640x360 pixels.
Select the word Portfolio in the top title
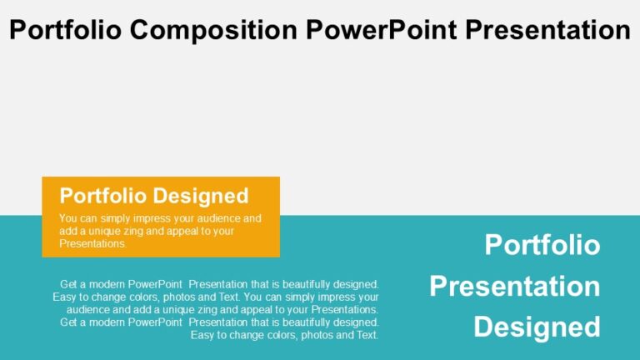(67, 31)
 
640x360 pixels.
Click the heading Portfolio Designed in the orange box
(154, 196)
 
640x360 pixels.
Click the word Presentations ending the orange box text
(92, 244)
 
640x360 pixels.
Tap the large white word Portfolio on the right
(542, 245)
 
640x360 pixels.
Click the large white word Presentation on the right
(514, 286)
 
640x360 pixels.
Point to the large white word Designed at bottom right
(537, 327)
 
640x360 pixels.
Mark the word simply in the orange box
(113, 219)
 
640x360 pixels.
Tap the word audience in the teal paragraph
(89, 309)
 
